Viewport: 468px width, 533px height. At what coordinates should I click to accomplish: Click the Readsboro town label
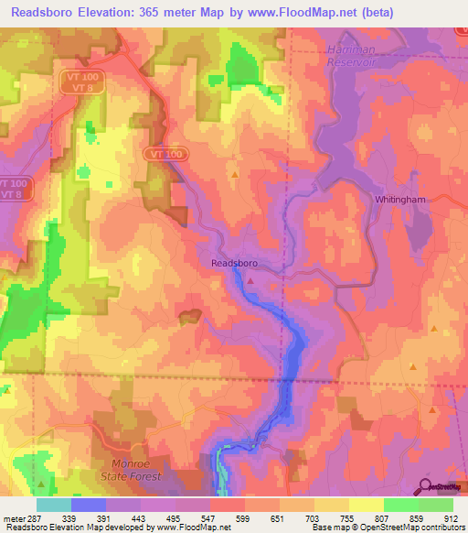point(234,262)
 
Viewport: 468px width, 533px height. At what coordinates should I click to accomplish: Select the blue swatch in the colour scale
point(89,505)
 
